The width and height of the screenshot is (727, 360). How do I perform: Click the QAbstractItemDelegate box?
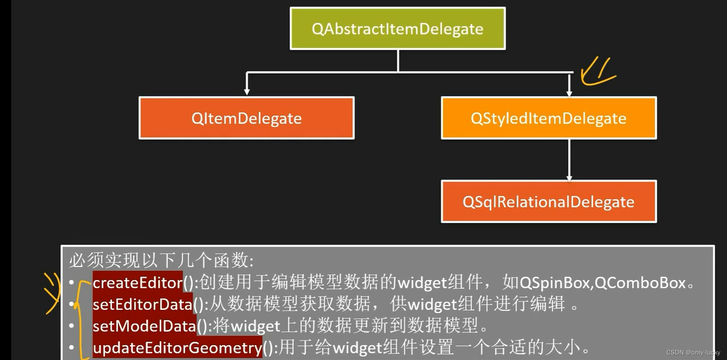coord(397,29)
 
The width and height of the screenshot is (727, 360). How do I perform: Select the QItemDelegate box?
coord(247,118)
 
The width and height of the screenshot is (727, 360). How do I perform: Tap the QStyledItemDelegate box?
coord(549,118)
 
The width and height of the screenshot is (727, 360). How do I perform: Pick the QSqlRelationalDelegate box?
coord(549,202)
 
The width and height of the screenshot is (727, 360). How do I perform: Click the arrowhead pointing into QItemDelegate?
coord(247,91)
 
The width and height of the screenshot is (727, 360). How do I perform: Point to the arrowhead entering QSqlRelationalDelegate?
coord(569,178)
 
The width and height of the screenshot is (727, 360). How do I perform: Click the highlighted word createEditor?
coord(137,283)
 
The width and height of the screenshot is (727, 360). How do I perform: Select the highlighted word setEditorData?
coord(142,305)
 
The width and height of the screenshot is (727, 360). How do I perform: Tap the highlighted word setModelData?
coord(144,326)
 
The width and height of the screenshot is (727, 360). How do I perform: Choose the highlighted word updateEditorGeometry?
coord(177,348)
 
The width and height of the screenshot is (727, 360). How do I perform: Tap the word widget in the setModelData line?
coord(255,326)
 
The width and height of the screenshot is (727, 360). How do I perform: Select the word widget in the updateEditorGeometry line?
coord(357,348)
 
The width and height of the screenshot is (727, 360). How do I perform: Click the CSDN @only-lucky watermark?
coord(693,353)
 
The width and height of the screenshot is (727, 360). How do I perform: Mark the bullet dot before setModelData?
coord(72,326)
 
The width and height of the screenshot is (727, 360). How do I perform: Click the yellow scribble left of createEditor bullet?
coord(52,292)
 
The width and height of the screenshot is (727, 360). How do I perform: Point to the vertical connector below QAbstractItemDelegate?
coord(398,60)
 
